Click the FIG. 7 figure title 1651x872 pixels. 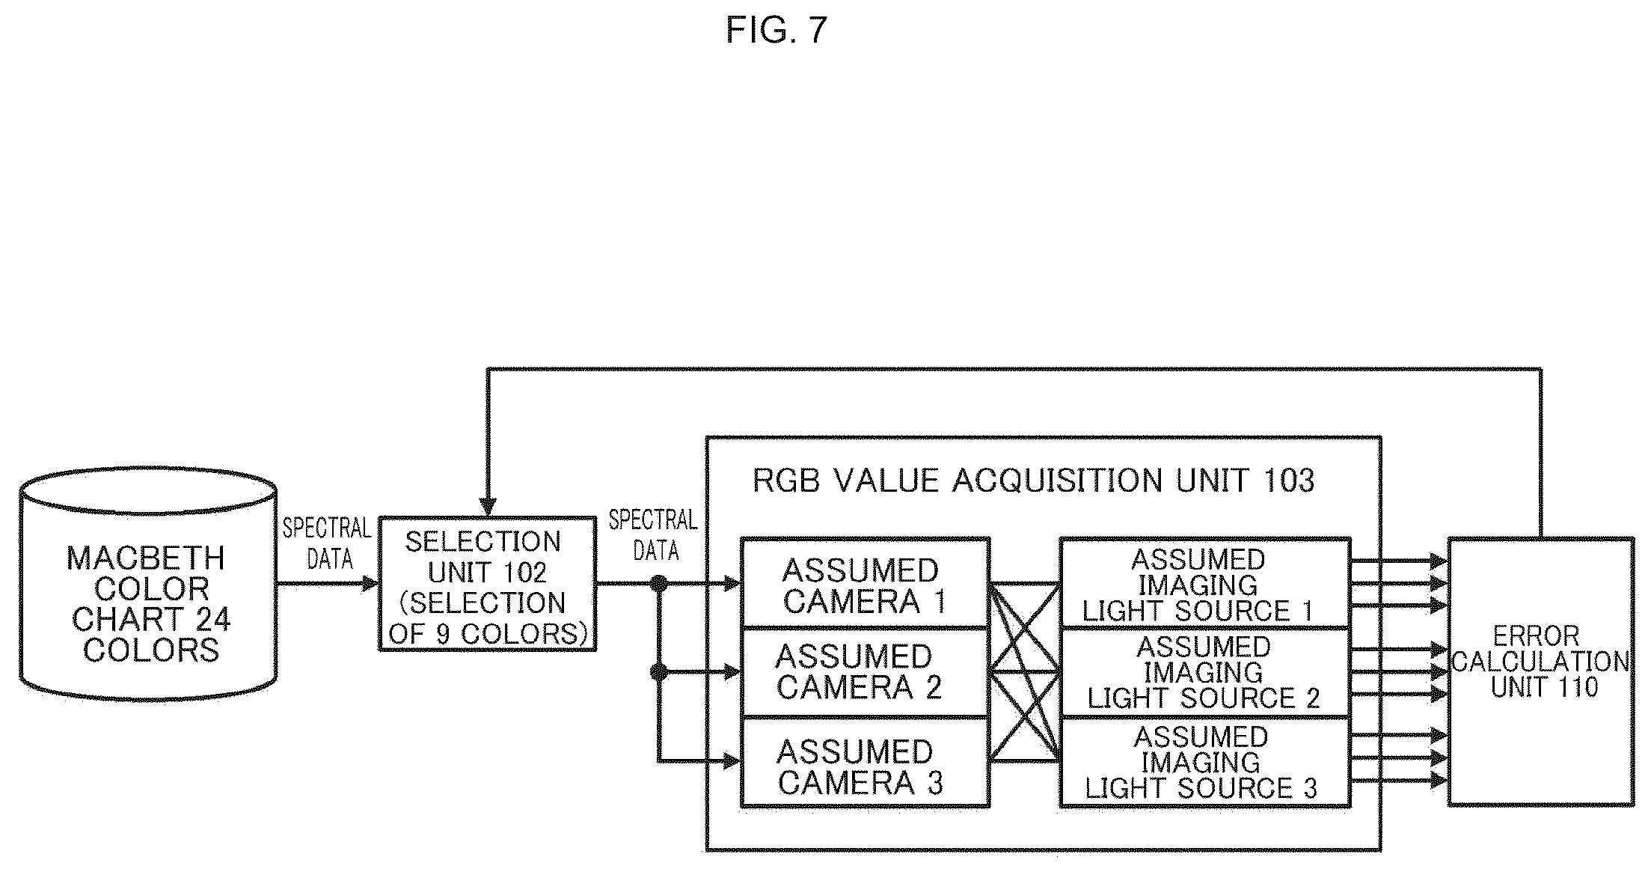click(777, 31)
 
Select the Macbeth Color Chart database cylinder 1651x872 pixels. click(147, 585)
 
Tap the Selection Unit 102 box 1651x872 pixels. click(487, 584)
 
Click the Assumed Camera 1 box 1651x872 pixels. click(866, 582)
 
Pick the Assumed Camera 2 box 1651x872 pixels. click(866, 672)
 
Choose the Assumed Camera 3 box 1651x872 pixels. click(866, 762)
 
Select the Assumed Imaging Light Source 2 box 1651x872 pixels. click(1205, 673)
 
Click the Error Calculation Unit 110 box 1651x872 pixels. click(1541, 671)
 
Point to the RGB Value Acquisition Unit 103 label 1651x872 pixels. click(1033, 481)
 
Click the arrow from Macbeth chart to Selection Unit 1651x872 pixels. click(328, 583)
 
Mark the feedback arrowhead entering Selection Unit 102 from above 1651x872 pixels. click(488, 507)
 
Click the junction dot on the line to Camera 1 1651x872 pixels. click(659, 583)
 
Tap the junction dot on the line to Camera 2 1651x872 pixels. click(659, 672)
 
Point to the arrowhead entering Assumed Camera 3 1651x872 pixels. click(732, 762)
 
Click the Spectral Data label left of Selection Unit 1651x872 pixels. click(327, 543)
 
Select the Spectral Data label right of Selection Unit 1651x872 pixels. click(653, 535)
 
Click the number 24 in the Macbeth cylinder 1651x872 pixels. click(212, 619)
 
